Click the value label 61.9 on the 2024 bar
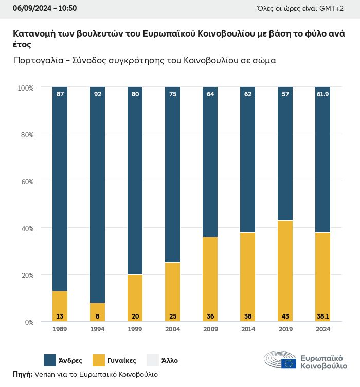[x=322, y=94]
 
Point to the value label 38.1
[x=322, y=315]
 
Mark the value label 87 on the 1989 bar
[x=60, y=94]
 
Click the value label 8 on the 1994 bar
[x=97, y=315]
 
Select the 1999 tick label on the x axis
[x=135, y=329]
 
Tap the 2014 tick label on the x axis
[x=247, y=329]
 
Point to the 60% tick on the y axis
[x=26, y=182]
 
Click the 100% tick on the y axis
[x=25, y=88]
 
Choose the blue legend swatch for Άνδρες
[x=50, y=360]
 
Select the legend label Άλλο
[x=169, y=360]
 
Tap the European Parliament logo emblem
[x=280, y=360]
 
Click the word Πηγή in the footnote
[x=22, y=374]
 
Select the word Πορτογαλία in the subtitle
[x=39, y=60]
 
